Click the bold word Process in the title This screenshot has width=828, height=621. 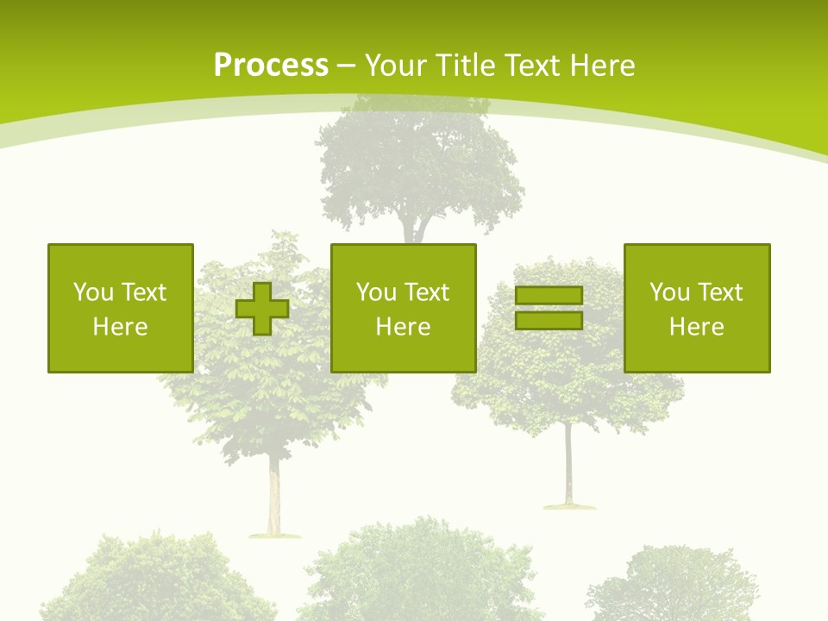tap(271, 66)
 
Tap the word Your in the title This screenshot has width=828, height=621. tap(397, 66)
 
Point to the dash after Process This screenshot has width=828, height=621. tap(345, 66)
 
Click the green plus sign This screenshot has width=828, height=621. tap(262, 309)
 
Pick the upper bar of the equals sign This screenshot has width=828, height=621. tap(549, 296)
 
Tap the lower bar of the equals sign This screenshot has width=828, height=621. tap(549, 320)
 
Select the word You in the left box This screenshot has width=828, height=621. tap(93, 292)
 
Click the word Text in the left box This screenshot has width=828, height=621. tap(142, 292)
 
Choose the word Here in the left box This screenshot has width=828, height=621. tap(120, 327)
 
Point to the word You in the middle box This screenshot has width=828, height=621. tap(376, 292)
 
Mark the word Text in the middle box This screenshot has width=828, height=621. tap(425, 292)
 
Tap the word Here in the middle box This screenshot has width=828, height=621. tap(403, 327)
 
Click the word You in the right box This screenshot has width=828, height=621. tap(669, 292)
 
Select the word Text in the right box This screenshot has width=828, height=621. tap(718, 292)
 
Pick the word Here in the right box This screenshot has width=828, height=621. tap(696, 327)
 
